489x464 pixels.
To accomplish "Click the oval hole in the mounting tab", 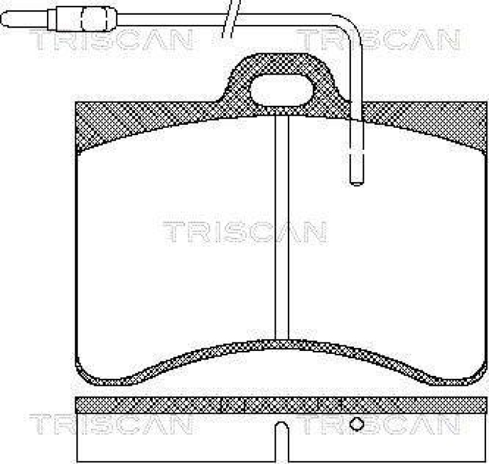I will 282,90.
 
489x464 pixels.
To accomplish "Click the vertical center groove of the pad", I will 281,232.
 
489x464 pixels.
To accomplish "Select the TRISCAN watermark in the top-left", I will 110,40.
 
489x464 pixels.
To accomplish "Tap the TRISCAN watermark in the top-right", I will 379,40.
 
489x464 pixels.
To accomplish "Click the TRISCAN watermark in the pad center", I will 244,232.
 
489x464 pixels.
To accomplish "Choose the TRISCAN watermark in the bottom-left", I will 110,424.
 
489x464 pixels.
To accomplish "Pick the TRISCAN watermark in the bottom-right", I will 379,424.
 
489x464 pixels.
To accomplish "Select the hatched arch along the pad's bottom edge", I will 281,351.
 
